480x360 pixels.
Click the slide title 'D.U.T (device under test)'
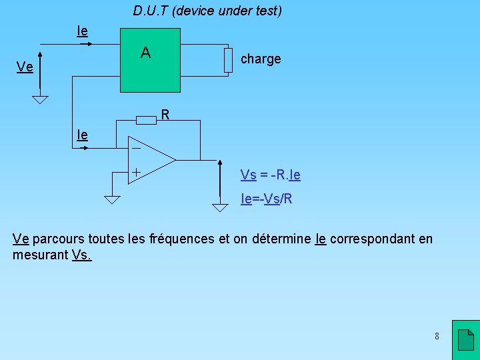[x=207, y=11]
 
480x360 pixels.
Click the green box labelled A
[x=150, y=60]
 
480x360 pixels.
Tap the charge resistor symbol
[x=228, y=60]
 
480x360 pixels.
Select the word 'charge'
[x=261, y=59]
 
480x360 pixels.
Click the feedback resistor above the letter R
[x=146, y=120]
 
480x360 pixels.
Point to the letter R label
[x=167, y=115]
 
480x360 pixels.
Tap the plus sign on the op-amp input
[x=135, y=173]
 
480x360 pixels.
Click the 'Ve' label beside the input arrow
[x=25, y=67]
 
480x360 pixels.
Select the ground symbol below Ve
[x=41, y=100]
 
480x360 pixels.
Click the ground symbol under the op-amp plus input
[x=111, y=198]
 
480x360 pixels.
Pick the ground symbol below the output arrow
[x=220, y=207]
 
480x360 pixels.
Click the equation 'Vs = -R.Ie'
[x=270, y=175]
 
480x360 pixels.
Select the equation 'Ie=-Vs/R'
[x=267, y=199]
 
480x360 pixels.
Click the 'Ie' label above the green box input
[x=83, y=31]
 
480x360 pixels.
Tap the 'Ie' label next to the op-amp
[x=82, y=135]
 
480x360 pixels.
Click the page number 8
[x=437, y=336]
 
